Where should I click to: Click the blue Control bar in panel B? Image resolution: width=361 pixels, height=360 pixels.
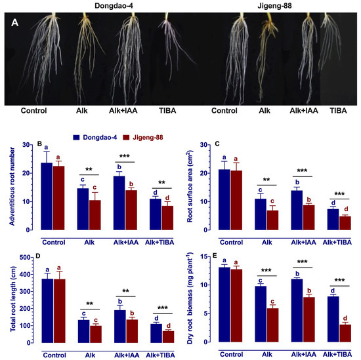(x=47, y=197)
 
